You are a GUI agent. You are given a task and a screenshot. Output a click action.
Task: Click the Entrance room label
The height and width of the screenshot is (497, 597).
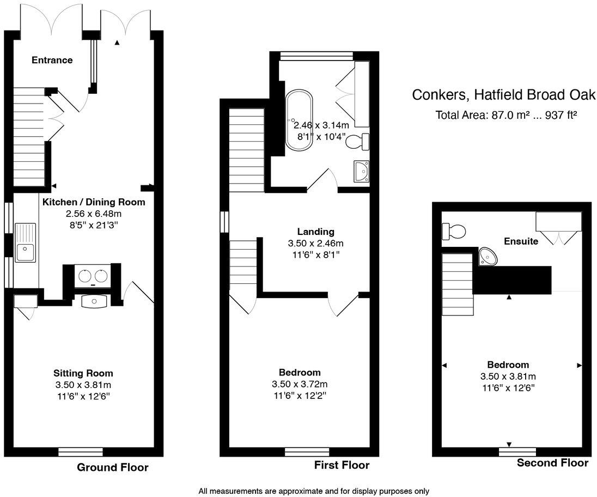coord(52,60)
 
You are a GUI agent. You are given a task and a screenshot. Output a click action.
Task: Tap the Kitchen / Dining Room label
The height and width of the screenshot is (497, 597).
coord(94,202)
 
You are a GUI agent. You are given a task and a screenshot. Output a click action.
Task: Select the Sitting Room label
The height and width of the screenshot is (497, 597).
coord(83,373)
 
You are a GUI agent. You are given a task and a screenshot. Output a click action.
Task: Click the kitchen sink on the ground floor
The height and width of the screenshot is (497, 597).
coord(25,251)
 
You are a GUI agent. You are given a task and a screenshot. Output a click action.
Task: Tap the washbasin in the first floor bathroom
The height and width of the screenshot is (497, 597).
coord(361,171)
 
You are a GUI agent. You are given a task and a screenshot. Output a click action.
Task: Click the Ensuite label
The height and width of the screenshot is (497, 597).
coord(521,241)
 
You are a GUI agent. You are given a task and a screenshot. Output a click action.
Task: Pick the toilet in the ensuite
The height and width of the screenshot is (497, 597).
coord(454,232)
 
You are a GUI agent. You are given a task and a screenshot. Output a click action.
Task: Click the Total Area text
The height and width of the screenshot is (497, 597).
coord(506,116)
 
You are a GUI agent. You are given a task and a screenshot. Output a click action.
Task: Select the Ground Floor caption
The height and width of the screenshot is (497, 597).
coord(112,467)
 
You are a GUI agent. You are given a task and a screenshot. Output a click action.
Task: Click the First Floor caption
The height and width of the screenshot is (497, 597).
coord(342,465)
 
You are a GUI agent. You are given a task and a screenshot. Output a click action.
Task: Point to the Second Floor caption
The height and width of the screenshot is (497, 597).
coord(552,463)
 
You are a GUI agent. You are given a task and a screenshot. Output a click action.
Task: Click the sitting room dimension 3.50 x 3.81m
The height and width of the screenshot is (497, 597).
coord(83,385)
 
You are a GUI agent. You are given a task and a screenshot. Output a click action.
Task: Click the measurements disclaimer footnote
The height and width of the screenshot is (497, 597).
coord(314,491)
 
